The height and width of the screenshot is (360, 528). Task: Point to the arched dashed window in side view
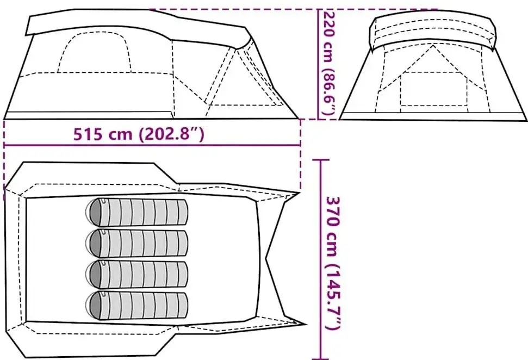tap(95, 52)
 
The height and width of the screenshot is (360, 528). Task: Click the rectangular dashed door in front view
tap(433, 90)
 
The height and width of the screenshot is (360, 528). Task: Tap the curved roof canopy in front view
tap(433, 27)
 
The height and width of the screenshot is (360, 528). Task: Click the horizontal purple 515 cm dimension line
tap(152, 145)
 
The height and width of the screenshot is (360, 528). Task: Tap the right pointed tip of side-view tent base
tap(299, 117)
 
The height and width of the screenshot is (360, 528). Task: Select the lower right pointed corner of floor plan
tap(305, 325)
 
